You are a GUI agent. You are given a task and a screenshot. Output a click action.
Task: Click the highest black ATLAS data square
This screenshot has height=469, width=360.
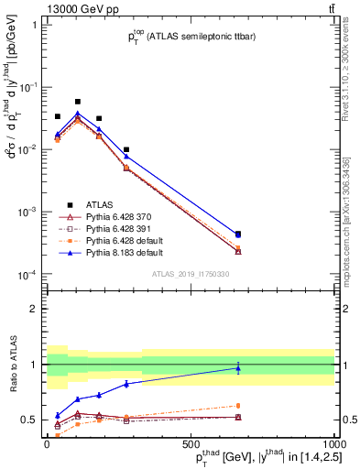[78, 102]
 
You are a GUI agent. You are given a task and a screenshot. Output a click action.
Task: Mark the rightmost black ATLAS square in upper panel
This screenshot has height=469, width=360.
[238, 234]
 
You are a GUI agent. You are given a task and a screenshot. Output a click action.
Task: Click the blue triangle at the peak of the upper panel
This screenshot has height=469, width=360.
[78, 114]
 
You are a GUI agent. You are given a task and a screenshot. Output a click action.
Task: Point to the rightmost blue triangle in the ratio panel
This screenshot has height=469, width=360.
[238, 368]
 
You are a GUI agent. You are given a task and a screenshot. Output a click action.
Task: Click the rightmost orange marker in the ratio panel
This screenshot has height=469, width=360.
[238, 406]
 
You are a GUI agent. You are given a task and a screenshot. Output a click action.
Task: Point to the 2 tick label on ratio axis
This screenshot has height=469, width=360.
[35, 309]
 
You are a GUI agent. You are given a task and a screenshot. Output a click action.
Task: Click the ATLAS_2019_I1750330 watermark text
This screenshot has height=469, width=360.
[191, 274]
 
